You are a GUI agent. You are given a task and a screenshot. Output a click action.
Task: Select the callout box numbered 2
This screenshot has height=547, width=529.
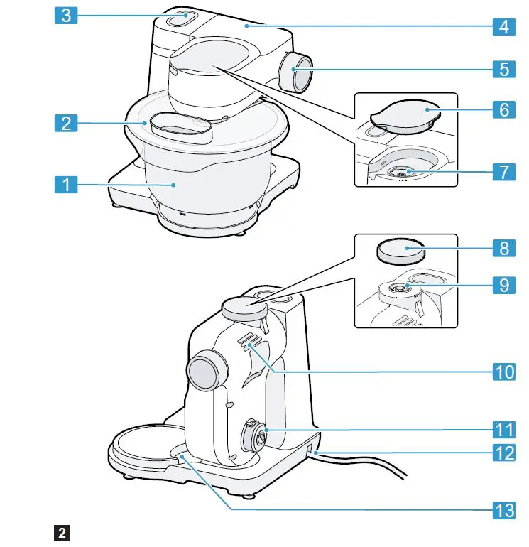pyautogui.click(x=65, y=123)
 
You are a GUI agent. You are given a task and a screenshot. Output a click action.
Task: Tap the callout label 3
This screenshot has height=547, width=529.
pyautogui.click(x=65, y=16)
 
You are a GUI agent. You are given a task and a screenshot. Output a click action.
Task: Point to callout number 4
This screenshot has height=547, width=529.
pyautogui.click(x=504, y=28)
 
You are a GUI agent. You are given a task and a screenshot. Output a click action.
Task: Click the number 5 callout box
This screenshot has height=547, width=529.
pyautogui.click(x=504, y=69)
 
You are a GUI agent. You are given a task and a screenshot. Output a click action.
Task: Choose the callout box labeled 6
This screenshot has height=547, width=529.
pyautogui.click(x=504, y=109)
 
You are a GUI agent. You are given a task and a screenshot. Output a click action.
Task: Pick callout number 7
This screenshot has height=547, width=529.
pyautogui.click(x=504, y=172)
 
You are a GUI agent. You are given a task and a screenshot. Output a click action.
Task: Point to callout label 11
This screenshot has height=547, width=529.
pyautogui.click(x=504, y=429)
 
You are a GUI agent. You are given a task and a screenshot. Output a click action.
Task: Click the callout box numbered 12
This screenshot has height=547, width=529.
pyautogui.click(x=504, y=452)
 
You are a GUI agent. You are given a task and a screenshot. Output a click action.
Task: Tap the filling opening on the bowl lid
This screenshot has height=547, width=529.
pyautogui.click(x=182, y=128)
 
